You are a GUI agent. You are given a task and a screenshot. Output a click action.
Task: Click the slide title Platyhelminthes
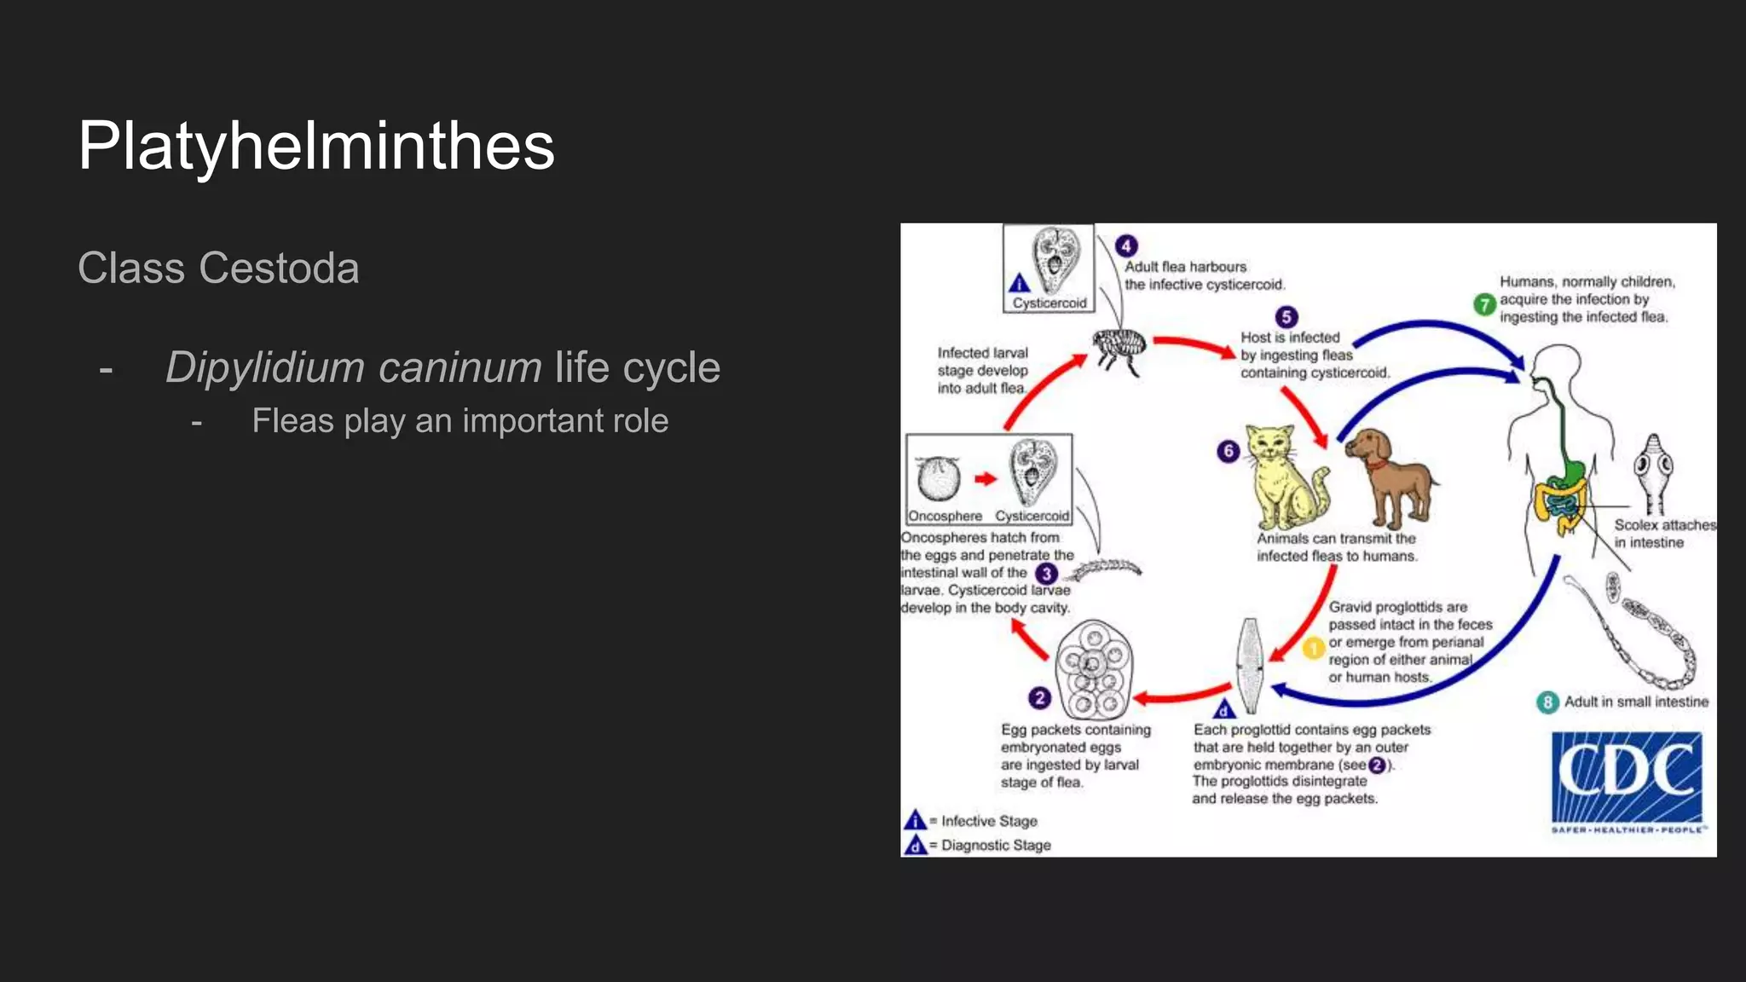(315, 146)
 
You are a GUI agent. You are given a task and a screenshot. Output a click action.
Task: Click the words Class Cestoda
(218, 269)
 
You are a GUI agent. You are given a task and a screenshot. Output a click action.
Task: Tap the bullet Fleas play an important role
(460, 421)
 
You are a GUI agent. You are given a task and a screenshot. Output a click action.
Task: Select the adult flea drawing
(1119, 349)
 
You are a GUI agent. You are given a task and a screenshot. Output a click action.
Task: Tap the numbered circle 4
(1126, 246)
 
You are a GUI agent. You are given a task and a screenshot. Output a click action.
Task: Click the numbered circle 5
(1286, 317)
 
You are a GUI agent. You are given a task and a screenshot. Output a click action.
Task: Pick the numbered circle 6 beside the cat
(1228, 451)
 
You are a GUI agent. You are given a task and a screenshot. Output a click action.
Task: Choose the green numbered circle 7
(1484, 303)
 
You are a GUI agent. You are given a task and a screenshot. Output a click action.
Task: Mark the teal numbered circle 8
(1547, 702)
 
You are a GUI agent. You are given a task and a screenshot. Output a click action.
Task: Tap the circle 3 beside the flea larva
(1046, 574)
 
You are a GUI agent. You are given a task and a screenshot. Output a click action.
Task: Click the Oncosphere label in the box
(945, 516)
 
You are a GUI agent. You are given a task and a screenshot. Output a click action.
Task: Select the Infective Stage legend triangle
(915, 820)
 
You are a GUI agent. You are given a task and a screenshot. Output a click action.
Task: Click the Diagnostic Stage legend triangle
(915, 845)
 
